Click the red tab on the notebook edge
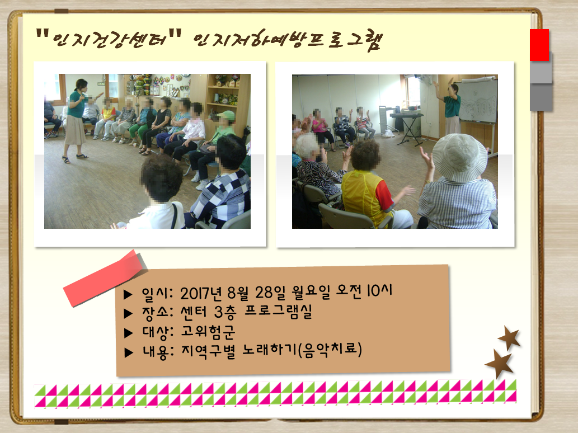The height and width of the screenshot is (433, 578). pyautogui.click(x=539, y=45)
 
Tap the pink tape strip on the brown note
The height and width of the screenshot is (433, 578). pyautogui.click(x=105, y=278)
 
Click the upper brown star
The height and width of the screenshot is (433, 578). pyautogui.click(x=509, y=337)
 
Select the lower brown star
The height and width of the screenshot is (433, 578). pyautogui.click(x=499, y=364)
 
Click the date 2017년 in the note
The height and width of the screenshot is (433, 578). pyautogui.click(x=201, y=294)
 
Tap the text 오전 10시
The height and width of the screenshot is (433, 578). pyautogui.click(x=364, y=291)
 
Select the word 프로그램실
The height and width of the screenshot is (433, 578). pyautogui.click(x=278, y=312)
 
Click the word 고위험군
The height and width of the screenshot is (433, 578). pyautogui.click(x=208, y=332)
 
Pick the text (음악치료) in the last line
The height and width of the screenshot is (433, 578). pyautogui.click(x=330, y=350)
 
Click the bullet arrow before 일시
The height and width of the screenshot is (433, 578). pyautogui.click(x=128, y=294)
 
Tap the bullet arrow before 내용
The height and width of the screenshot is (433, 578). pyautogui.click(x=129, y=352)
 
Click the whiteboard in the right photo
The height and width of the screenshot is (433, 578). pyautogui.click(x=478, y=100)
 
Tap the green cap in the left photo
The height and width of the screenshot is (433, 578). pyautogui.click(x=227, y=115)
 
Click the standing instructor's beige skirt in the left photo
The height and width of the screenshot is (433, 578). pyautogui.click(x=75, y=131)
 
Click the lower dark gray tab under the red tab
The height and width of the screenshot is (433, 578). pyautogui.click(x=541, y=97)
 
